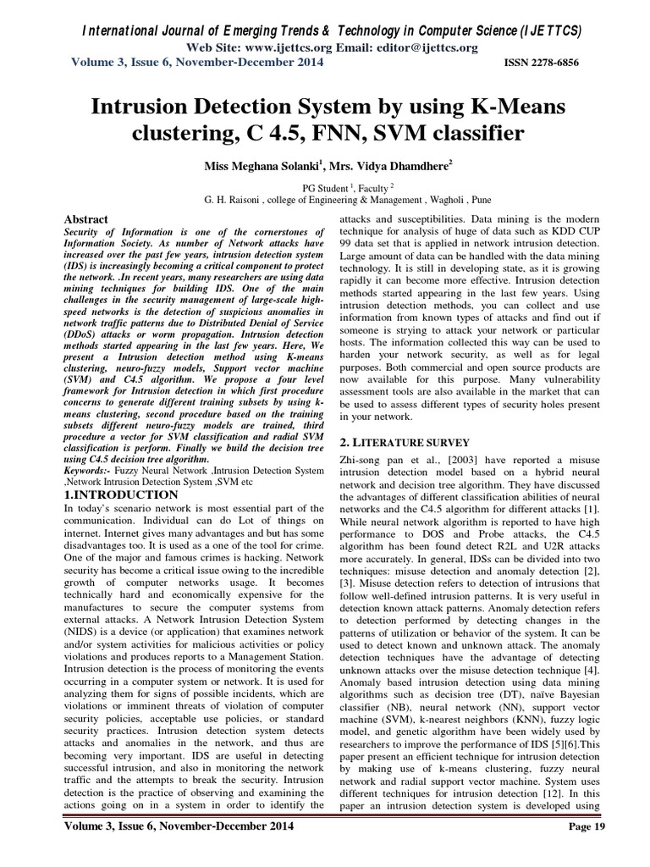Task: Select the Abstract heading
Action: tap(90, 218)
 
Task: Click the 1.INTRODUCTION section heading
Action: tap(122, 494)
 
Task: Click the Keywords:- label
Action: tap(92, 469)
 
